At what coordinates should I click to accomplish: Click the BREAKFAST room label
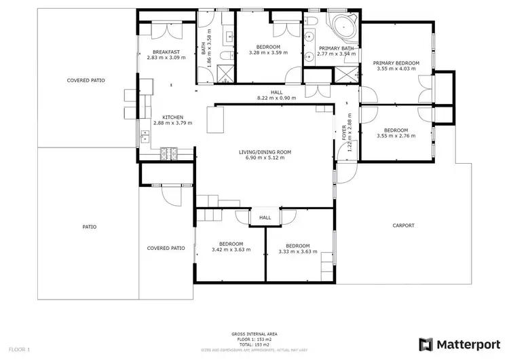pos(166,52)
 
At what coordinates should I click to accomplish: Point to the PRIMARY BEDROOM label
pos(396,63)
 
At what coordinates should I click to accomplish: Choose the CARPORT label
pos(403,226)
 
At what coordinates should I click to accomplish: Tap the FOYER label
pos(344,135)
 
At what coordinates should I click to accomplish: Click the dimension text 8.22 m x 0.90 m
pos(277,98)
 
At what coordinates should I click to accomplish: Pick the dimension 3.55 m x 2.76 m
pos(396,136)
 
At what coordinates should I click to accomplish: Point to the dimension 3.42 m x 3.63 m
pos(231,250)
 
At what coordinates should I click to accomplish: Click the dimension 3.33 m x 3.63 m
pos(298,251)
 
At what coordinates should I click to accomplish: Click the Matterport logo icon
pos(428,344)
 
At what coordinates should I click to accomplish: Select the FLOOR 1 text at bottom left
pos(20,350)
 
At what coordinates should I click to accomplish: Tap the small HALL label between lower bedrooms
pos(265,218)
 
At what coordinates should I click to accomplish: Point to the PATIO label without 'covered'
pos(89,227)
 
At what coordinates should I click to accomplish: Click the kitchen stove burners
pos(168,154)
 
